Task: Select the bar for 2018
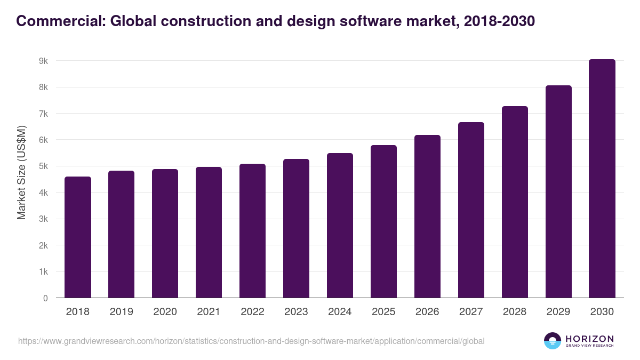tap(78, 237)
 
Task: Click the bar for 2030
tap(602, 179)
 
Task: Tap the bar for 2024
tap(340, 226)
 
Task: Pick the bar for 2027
tap(471, 210)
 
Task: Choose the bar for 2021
tap(209, 233)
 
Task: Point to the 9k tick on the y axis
tap(43, 61)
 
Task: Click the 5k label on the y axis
tap(43, 166)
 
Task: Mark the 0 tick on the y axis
tap(45, 298)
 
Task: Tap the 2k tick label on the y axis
tap(43, 245)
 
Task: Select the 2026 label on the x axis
tap(427, 312)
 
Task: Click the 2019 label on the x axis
tap(122, 312)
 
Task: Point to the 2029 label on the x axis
tap(558, 312)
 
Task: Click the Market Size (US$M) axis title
tap(21, 173)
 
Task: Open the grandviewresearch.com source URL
tap(251, 341)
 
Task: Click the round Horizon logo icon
tap(553, 341)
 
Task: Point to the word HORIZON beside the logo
tap(589, 338)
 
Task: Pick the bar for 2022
tap(253, 231)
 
